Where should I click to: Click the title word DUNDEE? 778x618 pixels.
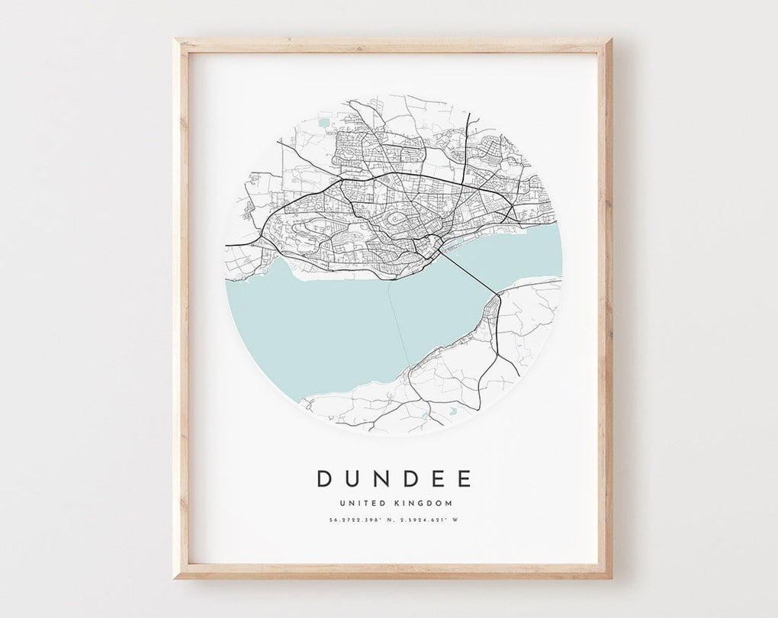tap(394, 478)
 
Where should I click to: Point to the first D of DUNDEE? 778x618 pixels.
tap(324, 478)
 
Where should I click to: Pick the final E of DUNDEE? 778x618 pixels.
tap(465, 478)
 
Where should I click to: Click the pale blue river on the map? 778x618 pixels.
tap(336, 320)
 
